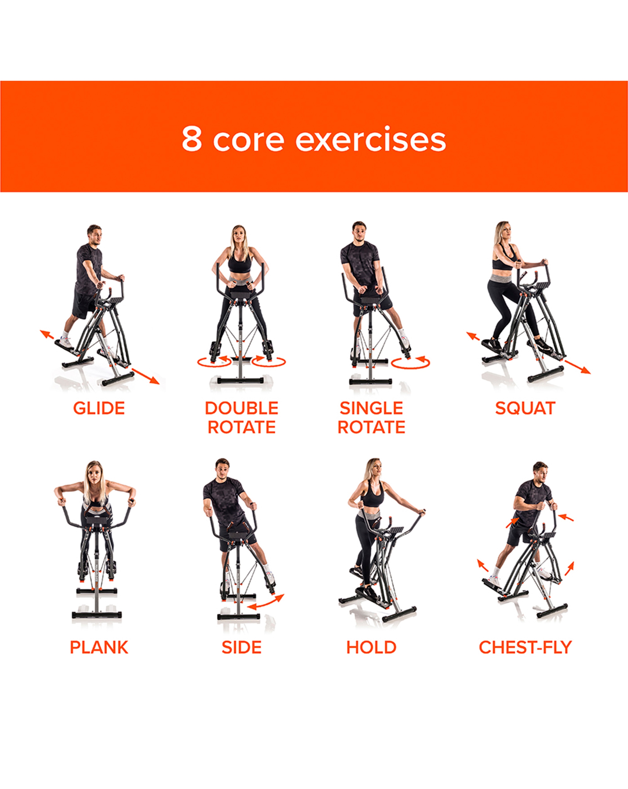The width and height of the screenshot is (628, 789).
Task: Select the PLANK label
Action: coord(99,647)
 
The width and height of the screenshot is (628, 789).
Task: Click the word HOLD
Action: coord(371,647)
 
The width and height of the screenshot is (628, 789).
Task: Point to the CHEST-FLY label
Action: coord(525,647)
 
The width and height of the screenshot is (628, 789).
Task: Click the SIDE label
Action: coord(241,647)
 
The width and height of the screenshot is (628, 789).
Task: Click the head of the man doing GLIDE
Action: coord(94,235)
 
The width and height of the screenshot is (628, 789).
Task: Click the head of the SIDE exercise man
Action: coord(222,469)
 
